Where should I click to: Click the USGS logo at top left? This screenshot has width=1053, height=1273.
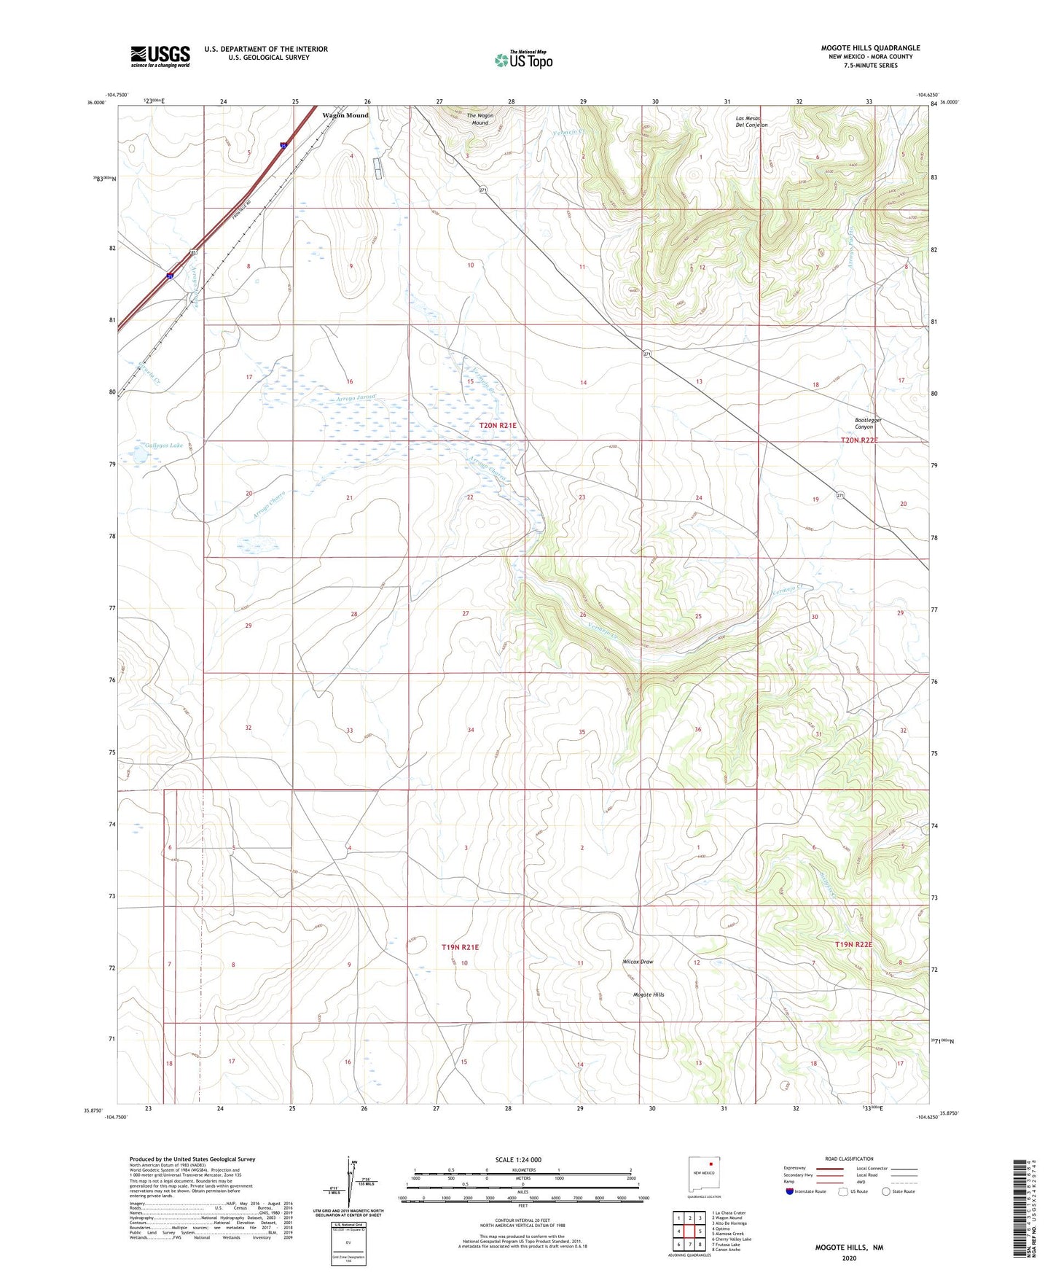160,56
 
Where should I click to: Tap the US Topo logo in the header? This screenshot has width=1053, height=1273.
523,60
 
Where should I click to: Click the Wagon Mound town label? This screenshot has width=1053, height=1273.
345,115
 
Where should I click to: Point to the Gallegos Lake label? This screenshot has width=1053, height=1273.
163,444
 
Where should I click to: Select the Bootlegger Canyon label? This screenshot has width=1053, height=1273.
869,424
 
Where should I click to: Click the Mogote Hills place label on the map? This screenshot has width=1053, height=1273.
649,994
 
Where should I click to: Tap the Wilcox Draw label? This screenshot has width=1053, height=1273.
638,962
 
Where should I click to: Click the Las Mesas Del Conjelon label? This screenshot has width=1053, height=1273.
751,122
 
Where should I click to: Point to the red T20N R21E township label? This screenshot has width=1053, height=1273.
498,425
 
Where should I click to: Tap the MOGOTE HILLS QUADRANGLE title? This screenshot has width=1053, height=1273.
870,48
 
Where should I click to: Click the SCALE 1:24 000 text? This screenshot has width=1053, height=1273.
518,1159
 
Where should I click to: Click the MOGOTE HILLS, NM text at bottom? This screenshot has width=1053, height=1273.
849,1247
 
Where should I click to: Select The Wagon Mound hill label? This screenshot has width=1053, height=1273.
480,119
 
